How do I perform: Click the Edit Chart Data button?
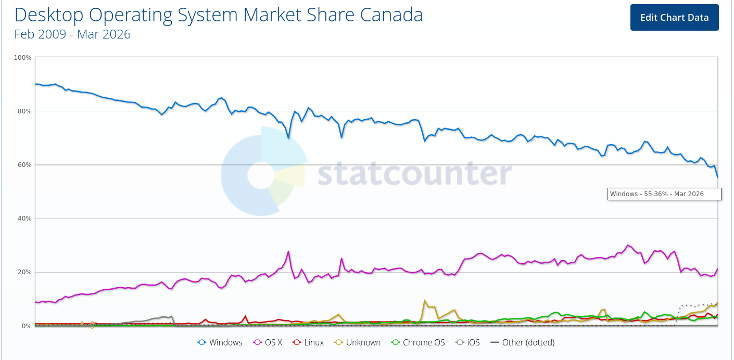(674, 17)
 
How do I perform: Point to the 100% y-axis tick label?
(23, 57)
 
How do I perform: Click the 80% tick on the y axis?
(24, 111)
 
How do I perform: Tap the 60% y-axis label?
(24, 165)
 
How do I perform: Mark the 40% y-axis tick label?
(24, 218)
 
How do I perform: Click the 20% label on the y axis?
(24, 272)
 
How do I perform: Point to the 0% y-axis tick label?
(27, 326)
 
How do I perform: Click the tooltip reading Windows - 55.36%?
(664, 194)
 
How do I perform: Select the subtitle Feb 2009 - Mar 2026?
(72, 34)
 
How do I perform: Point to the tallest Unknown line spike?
(425, 301)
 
